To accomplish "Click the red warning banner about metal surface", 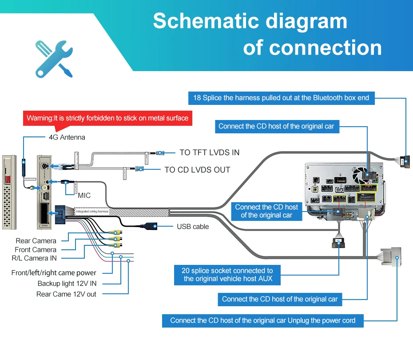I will click(x=107, y=118).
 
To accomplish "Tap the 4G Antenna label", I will click(x=67, y=137).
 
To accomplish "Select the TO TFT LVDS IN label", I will click(x=209, y=152).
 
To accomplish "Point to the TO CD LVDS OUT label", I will click(x=197, y=170).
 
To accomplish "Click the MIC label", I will click(x=84, y=195).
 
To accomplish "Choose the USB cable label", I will click(x=193, y=227).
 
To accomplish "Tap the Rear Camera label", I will click(x=36, y=241).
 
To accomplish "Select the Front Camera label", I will click(x=36, y=250).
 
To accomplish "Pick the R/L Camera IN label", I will click(x=34, y=258).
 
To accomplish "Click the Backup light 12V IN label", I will click(x=67, y=284).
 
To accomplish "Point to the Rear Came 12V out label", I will click(x=66, y=294).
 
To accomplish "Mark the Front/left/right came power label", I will click(x=54, y=273).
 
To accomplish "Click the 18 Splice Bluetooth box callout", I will click(x=281, y=98).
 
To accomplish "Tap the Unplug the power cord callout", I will click(x=262, y=320).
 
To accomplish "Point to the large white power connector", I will click(x=389, y=257).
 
